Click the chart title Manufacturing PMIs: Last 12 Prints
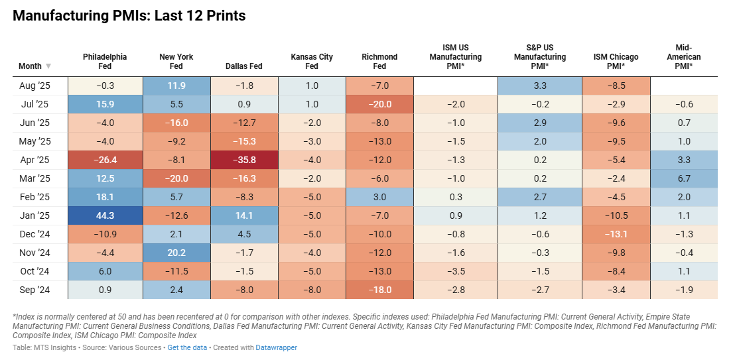[x=129, y=16]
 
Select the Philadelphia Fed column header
[x=105, y=61]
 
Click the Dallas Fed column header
[x=244, y=66]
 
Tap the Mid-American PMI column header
[x=684, y=57]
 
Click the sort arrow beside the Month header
[x=48, y=66]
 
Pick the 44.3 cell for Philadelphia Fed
[x=105, y=215]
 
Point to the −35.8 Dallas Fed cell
[x=244, y=160]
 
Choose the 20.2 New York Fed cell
[x=176, y=252]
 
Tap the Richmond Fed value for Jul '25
[x=379, y=104]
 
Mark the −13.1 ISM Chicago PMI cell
[x=616, y=233]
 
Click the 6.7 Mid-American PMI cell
[x=684, y=178]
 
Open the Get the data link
[x=186, y=347]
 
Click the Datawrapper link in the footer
[x=277, y=347]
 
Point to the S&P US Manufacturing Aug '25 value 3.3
[x=540, y=86]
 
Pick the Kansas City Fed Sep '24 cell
[x=312, y=289]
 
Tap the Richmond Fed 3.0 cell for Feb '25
[x=379, y=197]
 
